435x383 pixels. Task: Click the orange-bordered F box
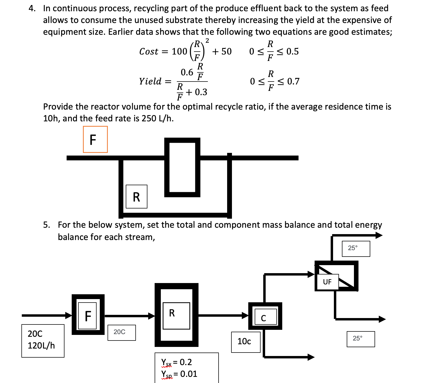(95, 139)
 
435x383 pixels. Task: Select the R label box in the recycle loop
(136, 197)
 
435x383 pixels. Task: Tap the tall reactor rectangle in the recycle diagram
(182, 167)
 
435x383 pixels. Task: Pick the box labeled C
(265, 317)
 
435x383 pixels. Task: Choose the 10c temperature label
(245, 342)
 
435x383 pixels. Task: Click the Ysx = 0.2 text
(177, 362)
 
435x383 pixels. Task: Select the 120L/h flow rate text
(41, 346)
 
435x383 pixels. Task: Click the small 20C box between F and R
(121, 332)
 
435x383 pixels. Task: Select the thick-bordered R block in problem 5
(176, 315)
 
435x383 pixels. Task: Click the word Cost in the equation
(149, 51)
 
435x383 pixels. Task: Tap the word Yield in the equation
(150, 81)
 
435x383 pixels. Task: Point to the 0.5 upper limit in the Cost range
(292, 51)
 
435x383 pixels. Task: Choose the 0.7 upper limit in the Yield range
(293, 81)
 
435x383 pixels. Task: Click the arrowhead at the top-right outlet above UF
(379, 235)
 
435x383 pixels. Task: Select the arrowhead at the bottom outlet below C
(311, 357)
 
